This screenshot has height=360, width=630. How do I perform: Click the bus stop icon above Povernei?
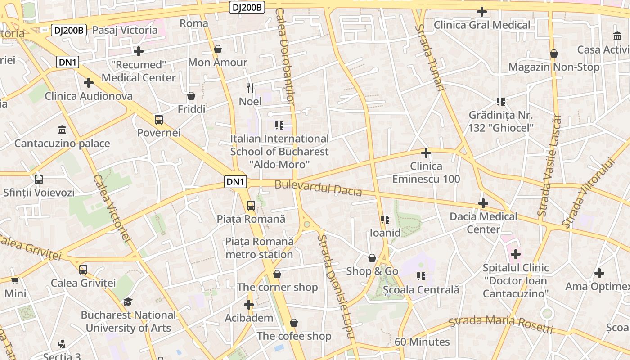[x=158, y=120]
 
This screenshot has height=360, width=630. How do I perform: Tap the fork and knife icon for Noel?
[x=250, y=88]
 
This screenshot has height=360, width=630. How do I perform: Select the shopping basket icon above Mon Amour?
[x=218, y=49]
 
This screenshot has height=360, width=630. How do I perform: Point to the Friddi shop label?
[x=191, y=109]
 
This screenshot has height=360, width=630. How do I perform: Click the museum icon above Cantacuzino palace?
[x=62, y=130]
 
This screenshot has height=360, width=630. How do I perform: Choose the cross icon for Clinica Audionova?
[x=89, y=83]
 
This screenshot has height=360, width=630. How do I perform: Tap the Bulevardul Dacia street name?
[x=318, y=188]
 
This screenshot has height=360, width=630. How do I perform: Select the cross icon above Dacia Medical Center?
[x=483, y=203]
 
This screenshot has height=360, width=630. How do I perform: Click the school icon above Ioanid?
[x=385, y=220]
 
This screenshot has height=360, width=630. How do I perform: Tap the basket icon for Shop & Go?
[x=372, y=258]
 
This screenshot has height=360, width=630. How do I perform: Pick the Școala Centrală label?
[x=421, y=289]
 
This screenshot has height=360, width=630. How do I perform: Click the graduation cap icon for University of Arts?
[x=128, y=301]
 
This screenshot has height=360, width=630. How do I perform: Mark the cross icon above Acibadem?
[x=249, y=305]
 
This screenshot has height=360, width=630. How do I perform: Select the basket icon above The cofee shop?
[x=294, y=323]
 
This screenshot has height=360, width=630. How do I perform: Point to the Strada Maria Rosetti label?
[x=501, y=324]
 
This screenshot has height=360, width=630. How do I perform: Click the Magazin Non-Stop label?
[x=554, y=67]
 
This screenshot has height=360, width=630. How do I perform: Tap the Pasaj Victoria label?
[x=125, y=30]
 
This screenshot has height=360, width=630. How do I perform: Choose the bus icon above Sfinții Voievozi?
[x=39, y=180]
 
